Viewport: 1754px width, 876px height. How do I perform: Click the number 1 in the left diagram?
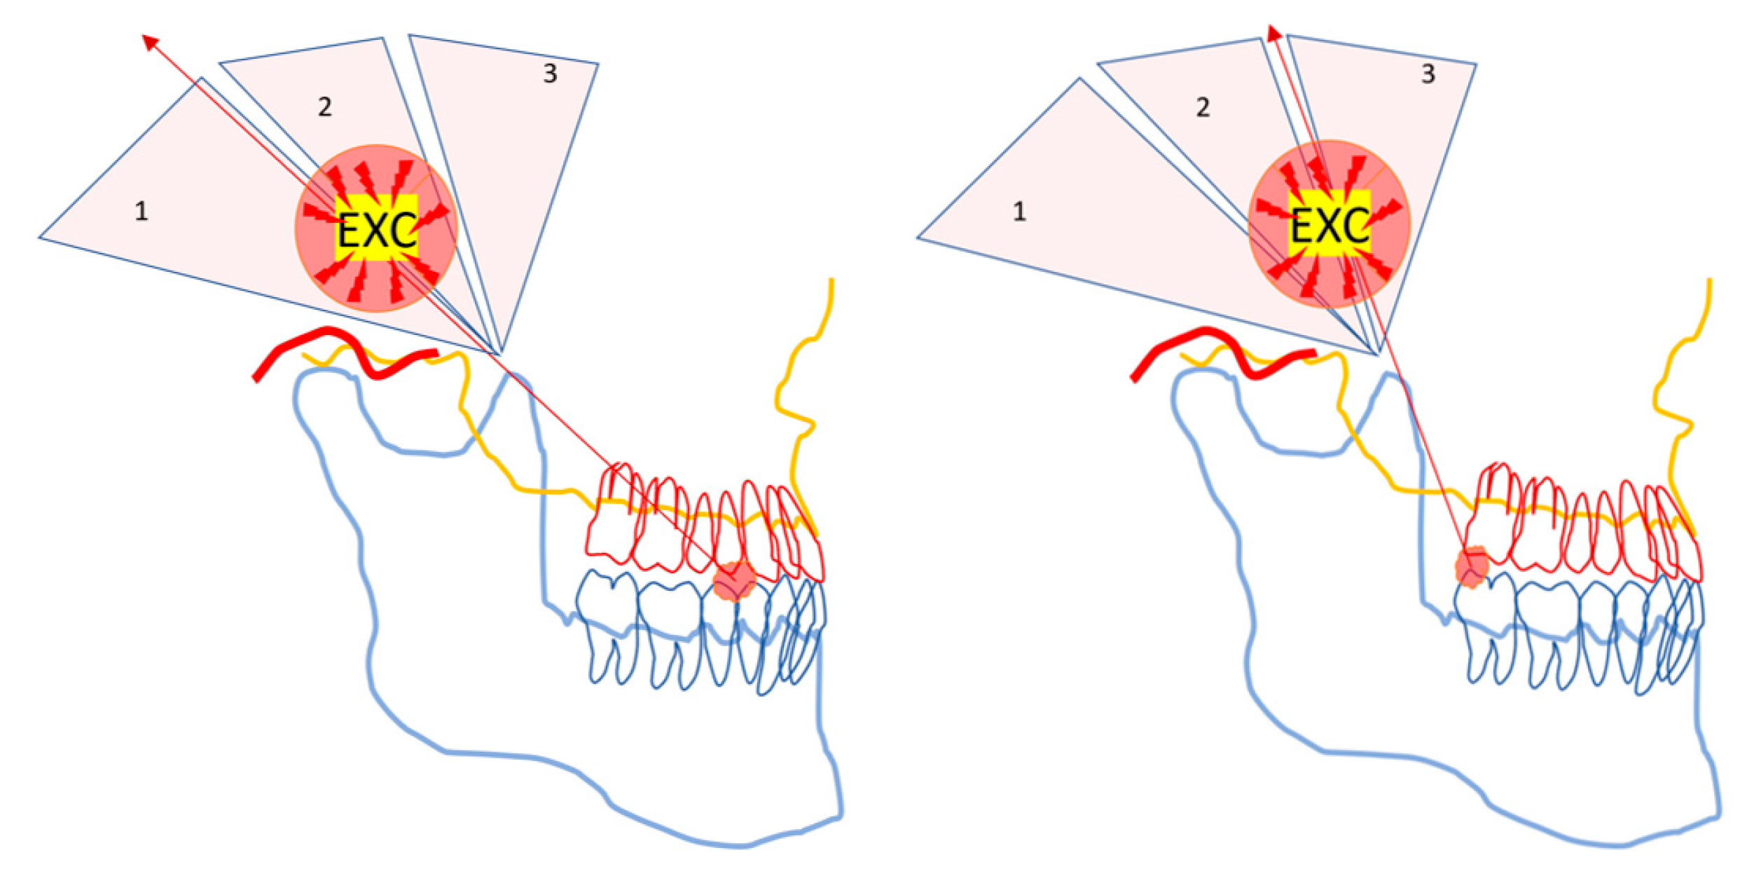141,211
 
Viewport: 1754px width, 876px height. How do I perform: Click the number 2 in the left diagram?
324,107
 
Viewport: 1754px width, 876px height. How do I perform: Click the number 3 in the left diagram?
550,74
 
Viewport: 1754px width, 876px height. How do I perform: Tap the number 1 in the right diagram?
1019,211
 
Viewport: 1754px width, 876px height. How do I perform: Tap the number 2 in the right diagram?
1203,107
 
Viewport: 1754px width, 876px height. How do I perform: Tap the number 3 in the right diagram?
1428,74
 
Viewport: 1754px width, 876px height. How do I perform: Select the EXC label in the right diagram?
1330,226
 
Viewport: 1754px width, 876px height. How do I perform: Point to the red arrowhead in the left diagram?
149,41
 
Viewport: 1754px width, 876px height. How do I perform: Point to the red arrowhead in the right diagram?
1274,33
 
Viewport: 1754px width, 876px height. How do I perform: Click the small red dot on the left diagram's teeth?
735,581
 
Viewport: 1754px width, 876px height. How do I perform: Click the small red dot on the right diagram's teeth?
1472,567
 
